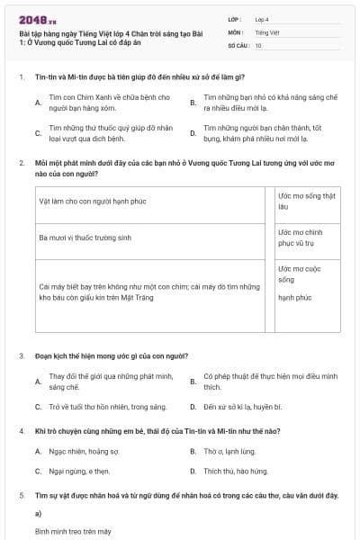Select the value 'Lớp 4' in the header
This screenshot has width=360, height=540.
point(262,18)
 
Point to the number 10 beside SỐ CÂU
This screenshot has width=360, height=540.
point(258,45)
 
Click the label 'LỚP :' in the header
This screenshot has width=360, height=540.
point(235,18)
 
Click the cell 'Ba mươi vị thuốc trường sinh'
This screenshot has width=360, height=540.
point(85,238)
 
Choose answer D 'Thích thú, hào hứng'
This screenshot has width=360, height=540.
point(235,471)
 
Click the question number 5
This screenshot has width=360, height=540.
point(21,496)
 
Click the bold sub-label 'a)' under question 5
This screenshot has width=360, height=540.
point(38,514)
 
